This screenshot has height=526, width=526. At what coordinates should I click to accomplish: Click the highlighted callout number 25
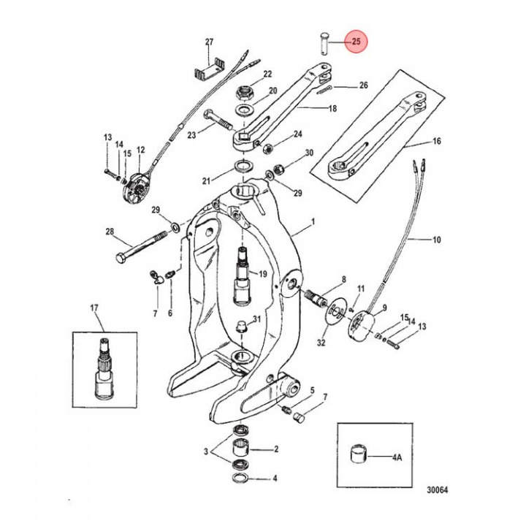point(356,42)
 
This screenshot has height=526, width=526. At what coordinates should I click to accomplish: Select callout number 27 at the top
point(209,42)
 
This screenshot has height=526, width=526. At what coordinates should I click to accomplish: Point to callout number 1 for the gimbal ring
point(312,221)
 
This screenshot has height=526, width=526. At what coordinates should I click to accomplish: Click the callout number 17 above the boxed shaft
point(94,308)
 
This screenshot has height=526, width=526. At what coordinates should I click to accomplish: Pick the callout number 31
point(256,319)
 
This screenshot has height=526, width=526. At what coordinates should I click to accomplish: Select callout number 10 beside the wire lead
point(437,240)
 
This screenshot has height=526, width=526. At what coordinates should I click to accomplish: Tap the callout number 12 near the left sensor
point(140,150)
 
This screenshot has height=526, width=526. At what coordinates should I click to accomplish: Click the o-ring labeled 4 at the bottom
point(239,479)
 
